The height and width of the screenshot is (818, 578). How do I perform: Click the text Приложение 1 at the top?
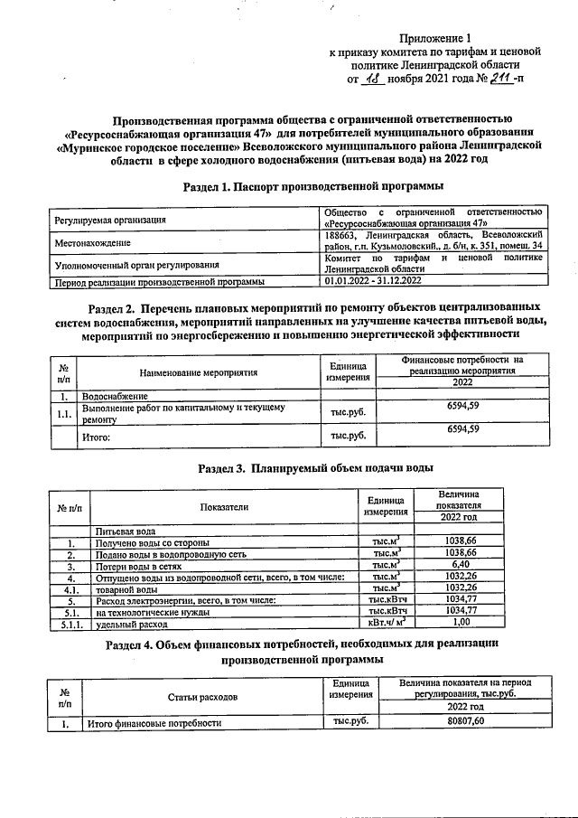[435, 39]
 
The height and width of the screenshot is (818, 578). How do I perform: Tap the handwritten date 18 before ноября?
[372, 79]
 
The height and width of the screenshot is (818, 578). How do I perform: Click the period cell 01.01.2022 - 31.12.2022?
[371, 282]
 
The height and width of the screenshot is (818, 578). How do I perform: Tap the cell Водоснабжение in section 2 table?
[117, 396]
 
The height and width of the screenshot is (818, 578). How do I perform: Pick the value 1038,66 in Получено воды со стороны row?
[461, 541]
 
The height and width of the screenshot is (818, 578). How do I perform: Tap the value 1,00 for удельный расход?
[461, 623]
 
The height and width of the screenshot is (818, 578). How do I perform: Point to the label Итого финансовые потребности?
[153, 723]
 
